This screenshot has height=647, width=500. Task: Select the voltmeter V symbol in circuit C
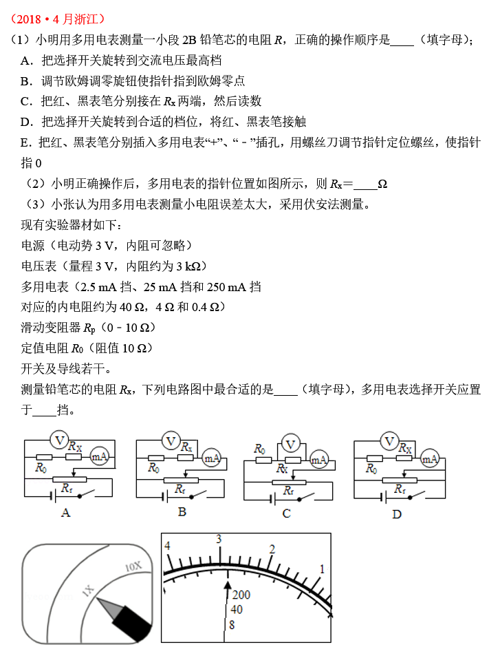click(292, 444)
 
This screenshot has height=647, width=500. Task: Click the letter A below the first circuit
click(66, 512)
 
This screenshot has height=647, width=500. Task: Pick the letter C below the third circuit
click(287, 513)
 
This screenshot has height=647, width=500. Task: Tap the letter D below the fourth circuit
click(397, 513)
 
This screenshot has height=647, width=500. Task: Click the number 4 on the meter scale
click(167, 546)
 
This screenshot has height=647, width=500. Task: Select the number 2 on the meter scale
click(272, 549)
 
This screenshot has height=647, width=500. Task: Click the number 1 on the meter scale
click(322, 569)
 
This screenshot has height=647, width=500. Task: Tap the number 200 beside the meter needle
click(241, 595)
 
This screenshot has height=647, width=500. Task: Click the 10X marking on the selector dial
click(133, 567)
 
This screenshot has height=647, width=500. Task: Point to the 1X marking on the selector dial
click(87, 591)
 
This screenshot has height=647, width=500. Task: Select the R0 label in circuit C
click(259, 449)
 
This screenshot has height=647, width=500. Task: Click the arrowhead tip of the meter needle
click(228, 582)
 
